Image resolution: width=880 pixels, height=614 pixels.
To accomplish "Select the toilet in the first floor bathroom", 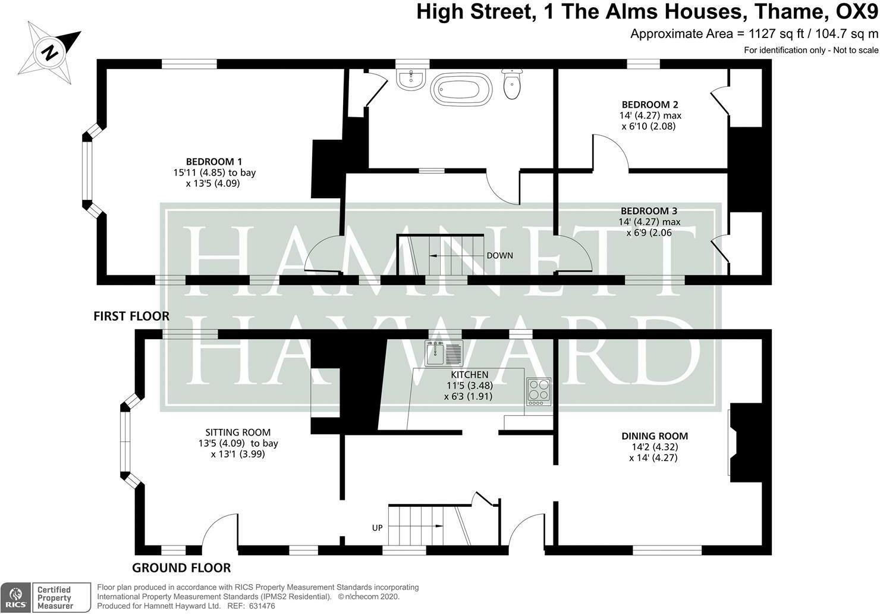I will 512,84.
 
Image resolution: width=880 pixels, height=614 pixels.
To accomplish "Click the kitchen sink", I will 444,354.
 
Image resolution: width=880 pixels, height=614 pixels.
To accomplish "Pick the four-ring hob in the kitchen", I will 538,391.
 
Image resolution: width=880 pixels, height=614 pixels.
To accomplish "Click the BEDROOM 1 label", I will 214,161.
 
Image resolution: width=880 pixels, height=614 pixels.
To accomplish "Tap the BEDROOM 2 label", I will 650,104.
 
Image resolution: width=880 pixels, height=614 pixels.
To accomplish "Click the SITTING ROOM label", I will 238,433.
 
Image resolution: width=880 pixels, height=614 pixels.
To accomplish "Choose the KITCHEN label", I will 469,375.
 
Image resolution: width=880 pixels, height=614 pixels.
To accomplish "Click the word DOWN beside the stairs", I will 499,256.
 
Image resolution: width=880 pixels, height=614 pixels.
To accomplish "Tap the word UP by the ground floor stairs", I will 377,528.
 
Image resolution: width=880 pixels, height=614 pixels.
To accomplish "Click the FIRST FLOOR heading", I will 131,316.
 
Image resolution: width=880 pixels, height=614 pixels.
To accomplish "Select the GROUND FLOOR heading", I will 181,568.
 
